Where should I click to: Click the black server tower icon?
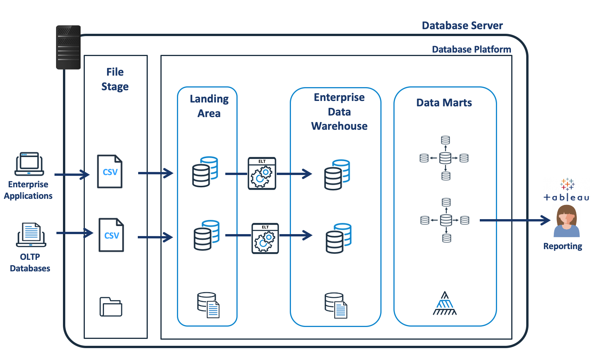coord(68,47)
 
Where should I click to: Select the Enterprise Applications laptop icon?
coord(29,164)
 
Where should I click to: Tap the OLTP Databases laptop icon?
coord(31,235)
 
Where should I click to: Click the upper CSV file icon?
coord(110,172)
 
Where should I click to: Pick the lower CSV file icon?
coord(111,235)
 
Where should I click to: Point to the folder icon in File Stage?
coord(111,307)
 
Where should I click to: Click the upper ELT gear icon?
coord(262,173)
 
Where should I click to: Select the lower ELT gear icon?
coord(265,238)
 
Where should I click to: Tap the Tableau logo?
coord(567,190)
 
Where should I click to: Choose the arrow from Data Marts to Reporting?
coord(514,220)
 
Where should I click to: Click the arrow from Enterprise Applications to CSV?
coord(72,175)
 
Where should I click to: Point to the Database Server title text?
coord(462,26)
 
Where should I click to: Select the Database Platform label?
coord(471,50)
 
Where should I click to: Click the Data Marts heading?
coord(444,103)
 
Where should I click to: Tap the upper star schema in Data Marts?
coord(445,158)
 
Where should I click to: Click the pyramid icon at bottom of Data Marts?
coord(444,304)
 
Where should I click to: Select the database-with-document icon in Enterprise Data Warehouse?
coord(336,306)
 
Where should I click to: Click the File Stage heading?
coord(115,79)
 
